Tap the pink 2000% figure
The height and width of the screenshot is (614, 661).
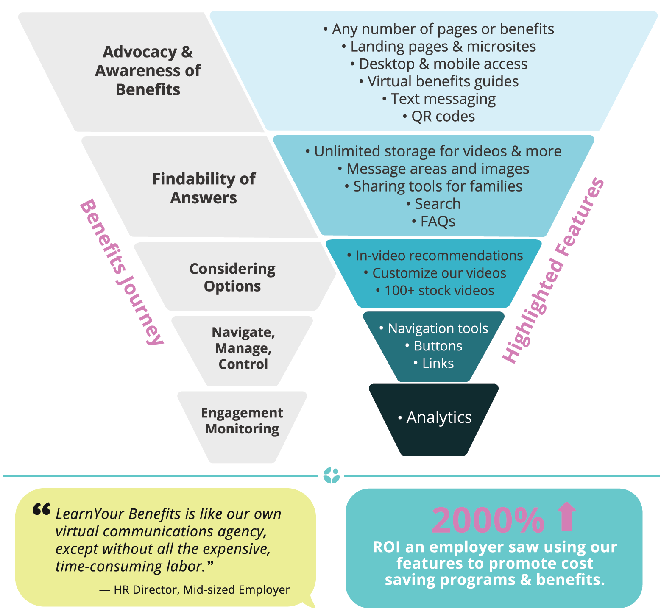tap(488, 520)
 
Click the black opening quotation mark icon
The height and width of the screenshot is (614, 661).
tap(42, 509)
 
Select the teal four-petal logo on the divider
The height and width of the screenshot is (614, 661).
tap(331, 475)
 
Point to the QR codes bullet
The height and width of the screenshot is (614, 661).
tap(439, 117)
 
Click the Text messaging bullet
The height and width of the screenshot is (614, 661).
tap(439, 99)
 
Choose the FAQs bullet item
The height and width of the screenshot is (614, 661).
tap(434, 221)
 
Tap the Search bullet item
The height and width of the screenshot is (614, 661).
tap(434, 204)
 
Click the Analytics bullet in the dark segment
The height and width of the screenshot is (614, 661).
tap(435, 417)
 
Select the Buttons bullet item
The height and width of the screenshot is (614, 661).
tap(434, 346)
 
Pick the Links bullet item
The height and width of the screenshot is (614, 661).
tap(434, 363)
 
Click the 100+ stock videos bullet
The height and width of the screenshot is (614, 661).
tap(435, 291)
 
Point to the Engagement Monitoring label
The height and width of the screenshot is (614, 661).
tap(242, 420)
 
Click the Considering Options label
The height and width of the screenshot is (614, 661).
tap(232, 278)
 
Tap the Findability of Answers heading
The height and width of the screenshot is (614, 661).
tap(204, 188)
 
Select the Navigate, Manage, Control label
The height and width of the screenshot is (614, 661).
tap(243, 348)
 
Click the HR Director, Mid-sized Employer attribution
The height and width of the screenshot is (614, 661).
tap(195, 589)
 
